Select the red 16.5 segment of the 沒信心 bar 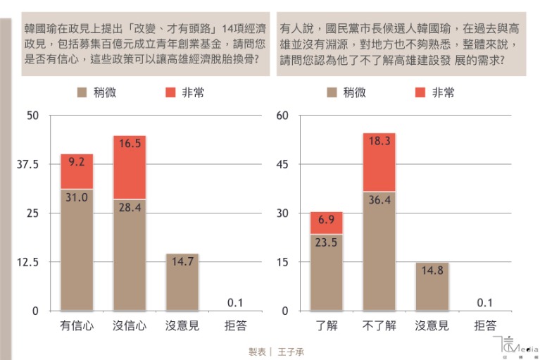(130, 167)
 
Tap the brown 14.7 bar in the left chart (182, 282)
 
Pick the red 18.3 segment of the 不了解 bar (379, 162)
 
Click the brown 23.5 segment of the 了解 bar (327, 272)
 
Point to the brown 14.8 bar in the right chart (432, 286)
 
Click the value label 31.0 (77, 198)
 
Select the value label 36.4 (379, 199)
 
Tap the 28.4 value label (130, 208)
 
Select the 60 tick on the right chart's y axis (282, 116)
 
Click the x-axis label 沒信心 (130, 326)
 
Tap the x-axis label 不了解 (379, 326)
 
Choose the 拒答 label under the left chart (234, 326)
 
